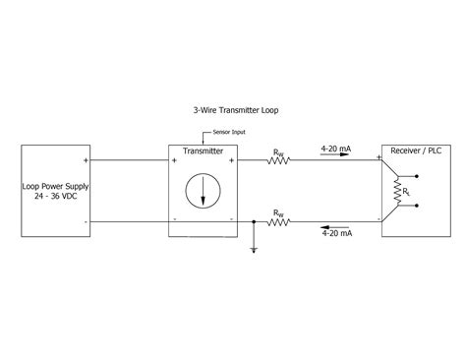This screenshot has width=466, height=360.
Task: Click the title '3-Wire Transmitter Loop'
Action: [x=237, y=111]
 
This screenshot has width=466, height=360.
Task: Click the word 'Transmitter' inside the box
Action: [x=203, y=151]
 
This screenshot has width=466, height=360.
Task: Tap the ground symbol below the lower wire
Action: [x=254, y=249]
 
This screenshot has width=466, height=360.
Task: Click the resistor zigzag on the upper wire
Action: [x=280, y=159]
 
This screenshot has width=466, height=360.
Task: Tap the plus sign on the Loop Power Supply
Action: [x=87, y=159]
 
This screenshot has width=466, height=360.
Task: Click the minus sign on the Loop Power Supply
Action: [x=87, y=221]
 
